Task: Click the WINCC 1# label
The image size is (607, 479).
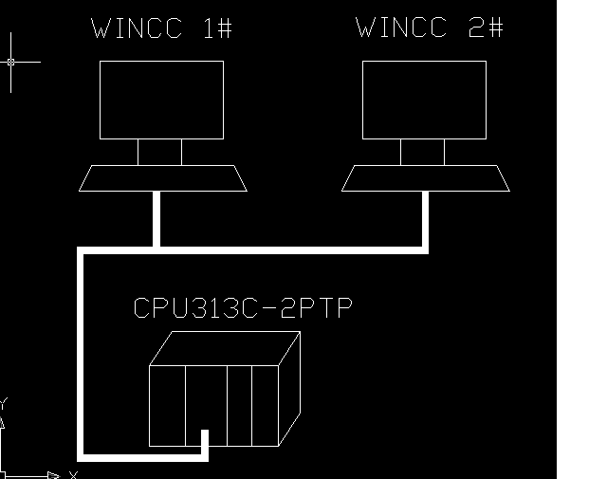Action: coord(161,28)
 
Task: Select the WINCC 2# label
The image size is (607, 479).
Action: coord(430,28)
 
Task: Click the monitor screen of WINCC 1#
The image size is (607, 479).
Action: coord(161,100)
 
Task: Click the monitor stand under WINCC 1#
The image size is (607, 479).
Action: coord(159,152)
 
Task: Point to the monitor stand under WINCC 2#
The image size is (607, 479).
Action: coord(422,152)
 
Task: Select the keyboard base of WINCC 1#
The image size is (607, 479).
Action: coord(162,177)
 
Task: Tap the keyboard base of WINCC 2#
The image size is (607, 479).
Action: coord(426,177)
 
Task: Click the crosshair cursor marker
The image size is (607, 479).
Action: coord(11,62)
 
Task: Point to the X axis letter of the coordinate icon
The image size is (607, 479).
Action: coord(73,474)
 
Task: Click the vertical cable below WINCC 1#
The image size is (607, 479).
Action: coord(156,220)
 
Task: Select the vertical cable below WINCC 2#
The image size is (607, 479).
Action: coord(425,220)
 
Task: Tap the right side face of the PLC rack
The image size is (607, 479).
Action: coord(290,384)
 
